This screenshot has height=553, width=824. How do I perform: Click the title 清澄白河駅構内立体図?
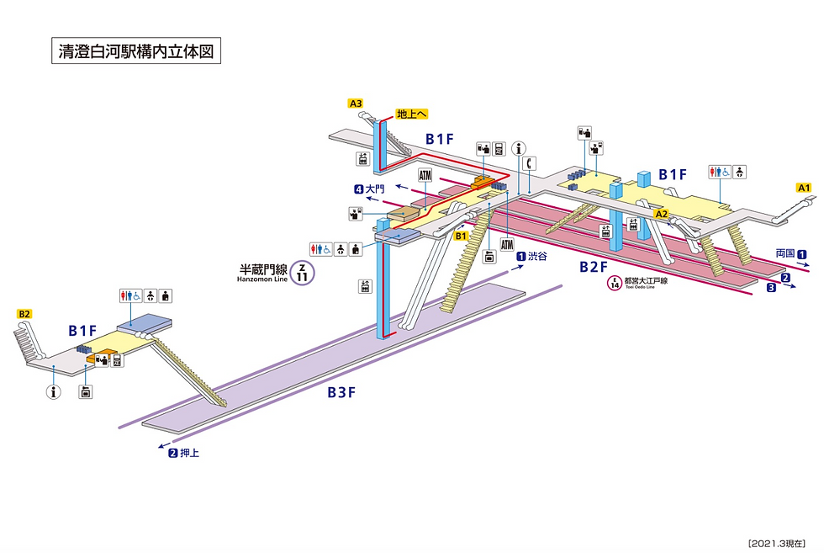click(135, 51)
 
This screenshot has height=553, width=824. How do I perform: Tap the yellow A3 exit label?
click(356, 104)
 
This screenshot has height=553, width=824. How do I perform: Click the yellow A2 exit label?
click(661, 214)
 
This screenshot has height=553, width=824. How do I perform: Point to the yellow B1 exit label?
click(461, 237)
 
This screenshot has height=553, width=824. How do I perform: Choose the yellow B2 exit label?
click(24, 314)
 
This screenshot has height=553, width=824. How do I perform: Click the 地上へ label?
click(413, 114)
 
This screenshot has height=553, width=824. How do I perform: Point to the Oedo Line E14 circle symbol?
click(618, 284)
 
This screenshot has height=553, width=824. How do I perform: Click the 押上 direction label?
click(190, 453)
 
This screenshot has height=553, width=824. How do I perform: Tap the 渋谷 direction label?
click(537, 257)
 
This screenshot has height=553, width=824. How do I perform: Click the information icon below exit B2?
click(55, 391)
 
